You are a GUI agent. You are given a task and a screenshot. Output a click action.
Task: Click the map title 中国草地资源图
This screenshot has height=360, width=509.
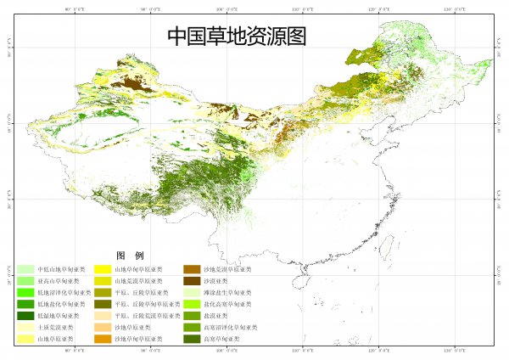tap(236, 37)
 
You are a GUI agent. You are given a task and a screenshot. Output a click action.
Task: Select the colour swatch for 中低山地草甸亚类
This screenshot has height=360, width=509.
tap(25, 269)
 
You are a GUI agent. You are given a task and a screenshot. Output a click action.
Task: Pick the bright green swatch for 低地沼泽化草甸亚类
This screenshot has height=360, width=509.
tap(25, 293)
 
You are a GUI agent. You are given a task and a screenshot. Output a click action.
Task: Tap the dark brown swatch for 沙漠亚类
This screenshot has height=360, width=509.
tap(191, 281)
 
